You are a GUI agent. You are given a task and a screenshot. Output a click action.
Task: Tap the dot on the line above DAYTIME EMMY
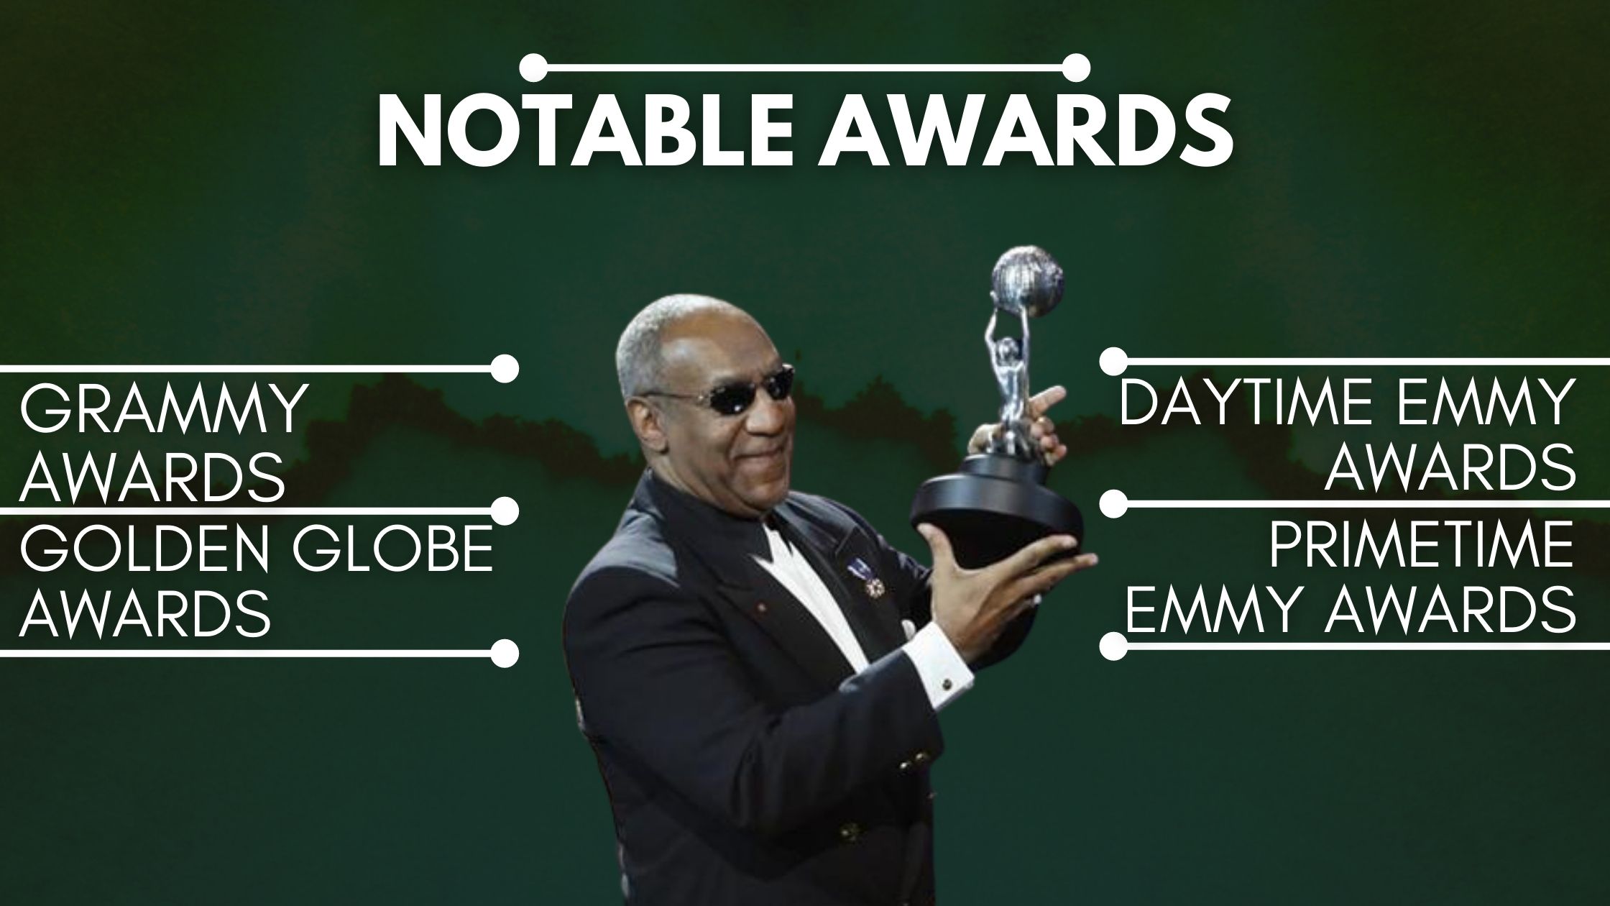tap(1113, 361)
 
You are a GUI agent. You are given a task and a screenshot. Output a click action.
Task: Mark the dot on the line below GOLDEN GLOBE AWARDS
tap(505, 653)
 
